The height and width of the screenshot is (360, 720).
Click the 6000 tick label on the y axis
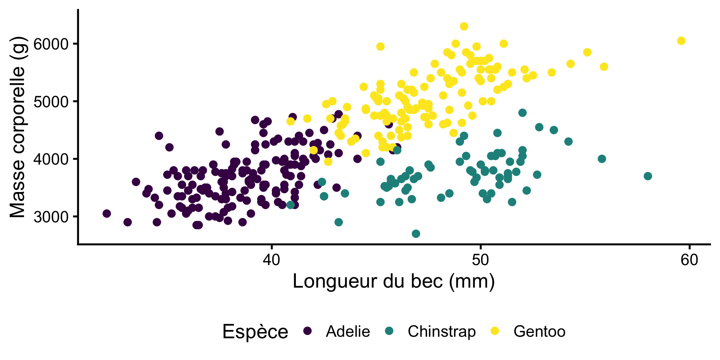51,44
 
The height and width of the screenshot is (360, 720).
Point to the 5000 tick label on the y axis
51,102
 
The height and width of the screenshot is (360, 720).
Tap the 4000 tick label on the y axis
51,159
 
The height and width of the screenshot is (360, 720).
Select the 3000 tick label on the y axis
51,217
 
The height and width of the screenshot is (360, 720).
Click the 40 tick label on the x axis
271,259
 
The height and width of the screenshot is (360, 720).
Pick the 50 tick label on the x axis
480,259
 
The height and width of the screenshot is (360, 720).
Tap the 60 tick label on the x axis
689,259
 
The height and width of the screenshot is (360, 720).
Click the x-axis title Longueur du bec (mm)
394,281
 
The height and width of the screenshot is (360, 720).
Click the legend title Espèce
255,331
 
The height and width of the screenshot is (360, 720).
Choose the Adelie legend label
348,331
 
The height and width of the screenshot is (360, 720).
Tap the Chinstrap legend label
441,331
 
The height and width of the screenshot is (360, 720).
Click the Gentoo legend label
539,331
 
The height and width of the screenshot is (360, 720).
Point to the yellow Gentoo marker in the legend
495,331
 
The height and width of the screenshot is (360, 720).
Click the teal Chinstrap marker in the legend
389,331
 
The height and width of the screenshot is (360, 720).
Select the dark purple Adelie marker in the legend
307,331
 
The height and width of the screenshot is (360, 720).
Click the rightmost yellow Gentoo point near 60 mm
681,41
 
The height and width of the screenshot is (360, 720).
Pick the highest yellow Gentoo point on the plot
464,26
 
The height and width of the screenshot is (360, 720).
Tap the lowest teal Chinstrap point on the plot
416,234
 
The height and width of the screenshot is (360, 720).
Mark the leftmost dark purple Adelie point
107,214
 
